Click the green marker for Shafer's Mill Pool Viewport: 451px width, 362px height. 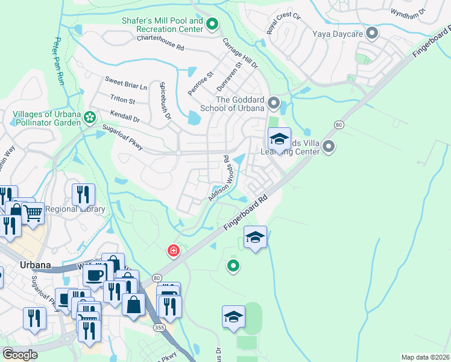[x=212, y=25]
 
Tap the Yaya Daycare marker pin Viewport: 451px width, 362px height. [x=373, y=33]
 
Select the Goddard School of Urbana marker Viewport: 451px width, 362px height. [x=274, y=103]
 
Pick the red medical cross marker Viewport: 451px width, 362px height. [x=173, y=250]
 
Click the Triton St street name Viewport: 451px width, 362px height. [x=122, y=98]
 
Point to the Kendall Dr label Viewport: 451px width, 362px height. [x=125, y=116]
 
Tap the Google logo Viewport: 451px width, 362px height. [x=19, y=354]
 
